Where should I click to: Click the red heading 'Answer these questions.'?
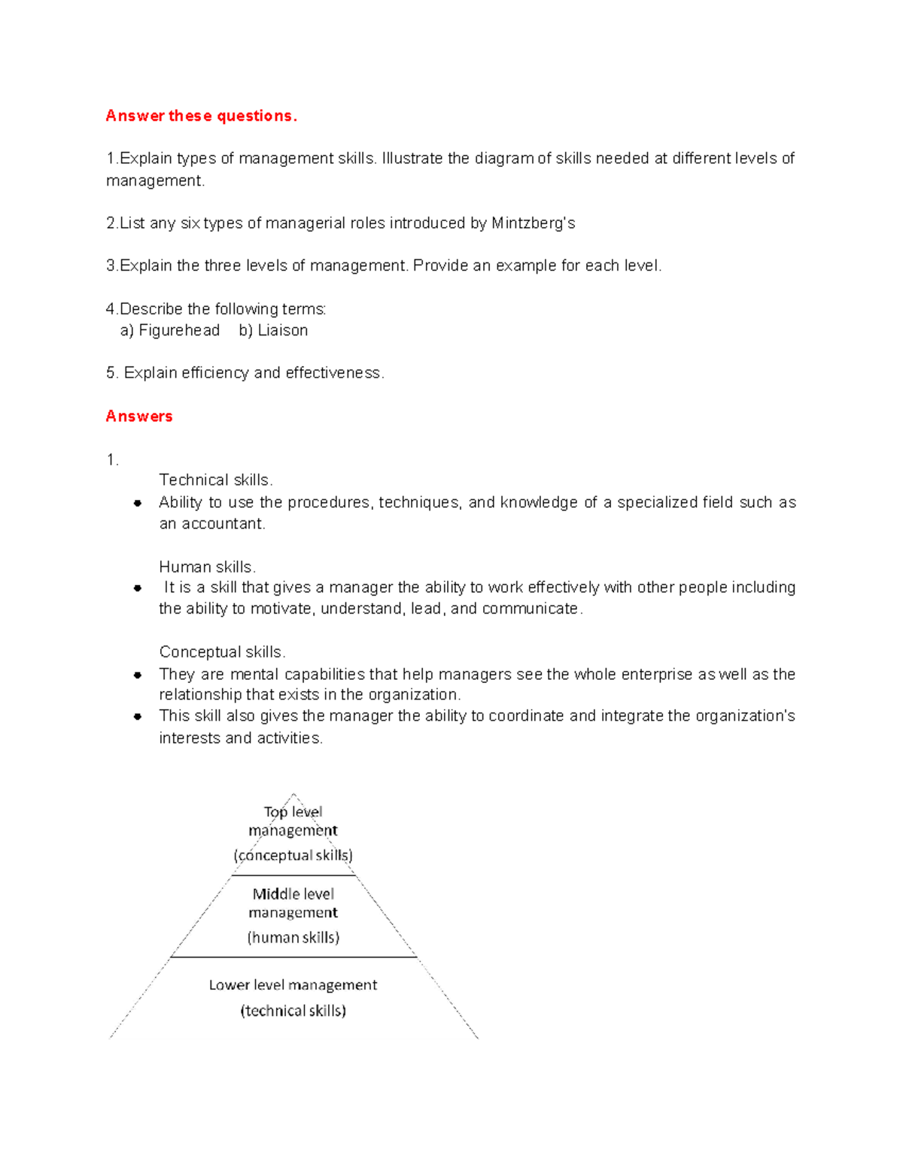coord(201,116)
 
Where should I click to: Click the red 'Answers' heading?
coord(139,416)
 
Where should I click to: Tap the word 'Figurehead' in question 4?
coord(179,330)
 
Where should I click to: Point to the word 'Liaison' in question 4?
coord(282,330)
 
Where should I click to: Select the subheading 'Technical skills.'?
coord(216,480)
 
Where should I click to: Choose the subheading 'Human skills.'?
coord(208,567)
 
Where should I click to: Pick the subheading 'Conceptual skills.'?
coord(222,652)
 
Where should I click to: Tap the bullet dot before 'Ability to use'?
coord(138,503)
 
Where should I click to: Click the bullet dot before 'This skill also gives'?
coord(138,717)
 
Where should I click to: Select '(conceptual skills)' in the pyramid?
coord(293,855)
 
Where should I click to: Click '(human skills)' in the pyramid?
coord(293,937)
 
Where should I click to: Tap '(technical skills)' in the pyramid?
coord(293,1011)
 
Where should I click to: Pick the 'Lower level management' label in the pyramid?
coord(293,985)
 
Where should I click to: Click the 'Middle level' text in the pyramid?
coord(293,894)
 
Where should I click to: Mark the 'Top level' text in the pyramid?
coord(293,812)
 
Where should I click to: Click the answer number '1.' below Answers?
coord(112,460)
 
